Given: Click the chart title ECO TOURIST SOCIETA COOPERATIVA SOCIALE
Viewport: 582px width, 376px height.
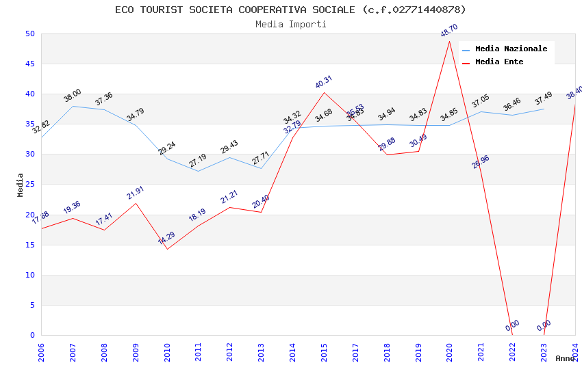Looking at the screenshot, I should tap(290, 10).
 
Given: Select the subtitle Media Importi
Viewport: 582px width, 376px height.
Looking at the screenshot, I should tap(290, 24).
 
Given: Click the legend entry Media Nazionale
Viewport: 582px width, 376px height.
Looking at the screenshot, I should tap(511, 49).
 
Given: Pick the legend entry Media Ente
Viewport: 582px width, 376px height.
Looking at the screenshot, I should tap(499, 62).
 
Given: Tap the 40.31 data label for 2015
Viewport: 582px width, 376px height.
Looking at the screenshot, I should tap(324, 81).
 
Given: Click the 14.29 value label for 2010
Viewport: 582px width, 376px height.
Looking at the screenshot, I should tap(166, 238).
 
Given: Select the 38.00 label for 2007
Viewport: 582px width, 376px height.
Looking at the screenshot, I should tap(73, 96).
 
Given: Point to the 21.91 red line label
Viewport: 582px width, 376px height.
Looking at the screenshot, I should tap(136, 193).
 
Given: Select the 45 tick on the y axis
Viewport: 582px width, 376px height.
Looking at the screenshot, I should tap(29, 64).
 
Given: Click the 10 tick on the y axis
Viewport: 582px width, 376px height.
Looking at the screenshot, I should tap(29, 275).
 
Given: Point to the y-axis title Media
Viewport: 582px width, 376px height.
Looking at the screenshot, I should tap(20, 185).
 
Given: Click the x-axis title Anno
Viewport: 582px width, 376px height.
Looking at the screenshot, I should tap(565, 358).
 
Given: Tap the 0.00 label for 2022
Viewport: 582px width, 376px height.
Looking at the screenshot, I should tap(512, 326).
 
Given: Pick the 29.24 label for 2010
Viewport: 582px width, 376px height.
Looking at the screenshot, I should tap(167, 148).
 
